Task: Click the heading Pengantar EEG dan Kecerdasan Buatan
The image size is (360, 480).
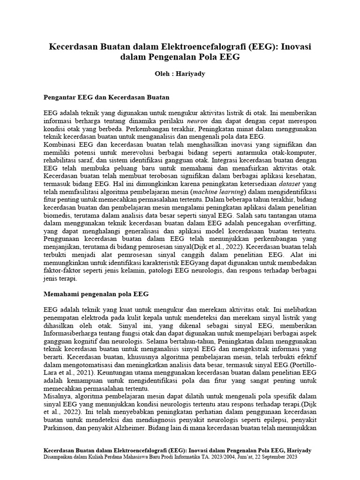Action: (106, 98)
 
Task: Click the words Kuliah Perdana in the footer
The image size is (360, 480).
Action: (102, 457)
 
